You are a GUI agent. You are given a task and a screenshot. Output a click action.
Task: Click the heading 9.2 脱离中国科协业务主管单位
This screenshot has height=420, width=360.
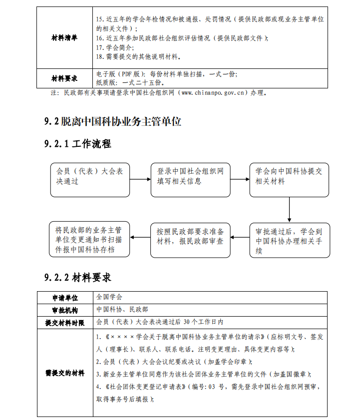112,121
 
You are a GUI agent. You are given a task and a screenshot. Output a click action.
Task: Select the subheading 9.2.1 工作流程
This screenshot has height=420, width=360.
77,144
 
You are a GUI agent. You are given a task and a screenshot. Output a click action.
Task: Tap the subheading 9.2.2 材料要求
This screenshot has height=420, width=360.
77,277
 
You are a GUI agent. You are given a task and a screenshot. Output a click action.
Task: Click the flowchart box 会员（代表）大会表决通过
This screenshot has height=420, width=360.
89,179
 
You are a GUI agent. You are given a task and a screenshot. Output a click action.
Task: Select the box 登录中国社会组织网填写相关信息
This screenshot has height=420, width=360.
190,179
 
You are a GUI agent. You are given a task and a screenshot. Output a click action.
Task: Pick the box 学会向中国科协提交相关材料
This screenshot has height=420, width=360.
289,179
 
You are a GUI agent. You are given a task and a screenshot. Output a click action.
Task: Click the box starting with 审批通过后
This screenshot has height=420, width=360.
290,240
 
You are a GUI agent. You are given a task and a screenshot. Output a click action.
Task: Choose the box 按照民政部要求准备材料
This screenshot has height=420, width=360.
190,238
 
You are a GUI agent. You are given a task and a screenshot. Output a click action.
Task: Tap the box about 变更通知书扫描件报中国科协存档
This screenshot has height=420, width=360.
89,240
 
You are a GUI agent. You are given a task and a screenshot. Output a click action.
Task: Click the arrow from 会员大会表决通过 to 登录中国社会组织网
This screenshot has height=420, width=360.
140,179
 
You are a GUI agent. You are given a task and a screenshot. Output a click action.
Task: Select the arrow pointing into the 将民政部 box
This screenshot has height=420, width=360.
140,238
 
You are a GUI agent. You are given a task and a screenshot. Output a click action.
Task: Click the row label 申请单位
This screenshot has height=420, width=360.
65,298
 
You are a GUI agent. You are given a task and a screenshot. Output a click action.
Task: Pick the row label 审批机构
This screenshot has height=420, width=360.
65,310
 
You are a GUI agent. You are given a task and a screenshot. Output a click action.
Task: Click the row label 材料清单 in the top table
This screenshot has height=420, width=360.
64,38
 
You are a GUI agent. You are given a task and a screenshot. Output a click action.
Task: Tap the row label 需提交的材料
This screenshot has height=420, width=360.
65,373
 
